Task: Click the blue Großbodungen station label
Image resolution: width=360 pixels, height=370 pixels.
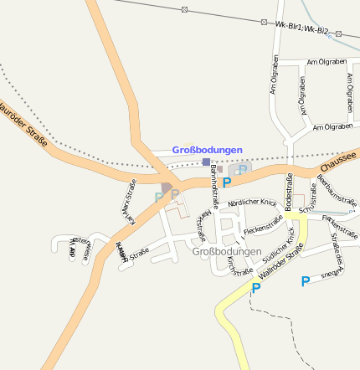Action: click(x=207, y=150)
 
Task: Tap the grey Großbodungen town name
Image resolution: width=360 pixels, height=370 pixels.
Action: click(x=227, y=251)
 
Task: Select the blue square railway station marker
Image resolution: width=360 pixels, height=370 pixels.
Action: click(x=206, y=162)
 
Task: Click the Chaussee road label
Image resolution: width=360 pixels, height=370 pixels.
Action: click(x=339, y=160)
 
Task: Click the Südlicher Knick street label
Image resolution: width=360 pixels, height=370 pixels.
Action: click(x=280, y=244)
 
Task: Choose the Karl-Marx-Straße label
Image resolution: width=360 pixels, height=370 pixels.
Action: click(x=132, y=202)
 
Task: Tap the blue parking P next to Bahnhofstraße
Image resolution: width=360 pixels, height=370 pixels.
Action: click(x=226, y=182)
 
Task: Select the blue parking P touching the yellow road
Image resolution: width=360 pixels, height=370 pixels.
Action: click(x=256, y=288)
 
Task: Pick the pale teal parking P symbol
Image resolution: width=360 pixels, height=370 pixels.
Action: click(x=157, y=198)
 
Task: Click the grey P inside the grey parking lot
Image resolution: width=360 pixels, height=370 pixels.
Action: click(x=242, y=170)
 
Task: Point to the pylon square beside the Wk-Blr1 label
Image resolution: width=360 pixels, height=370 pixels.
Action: click(x=265, y=22)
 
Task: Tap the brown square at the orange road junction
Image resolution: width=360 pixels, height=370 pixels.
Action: click(x=167, y=187)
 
